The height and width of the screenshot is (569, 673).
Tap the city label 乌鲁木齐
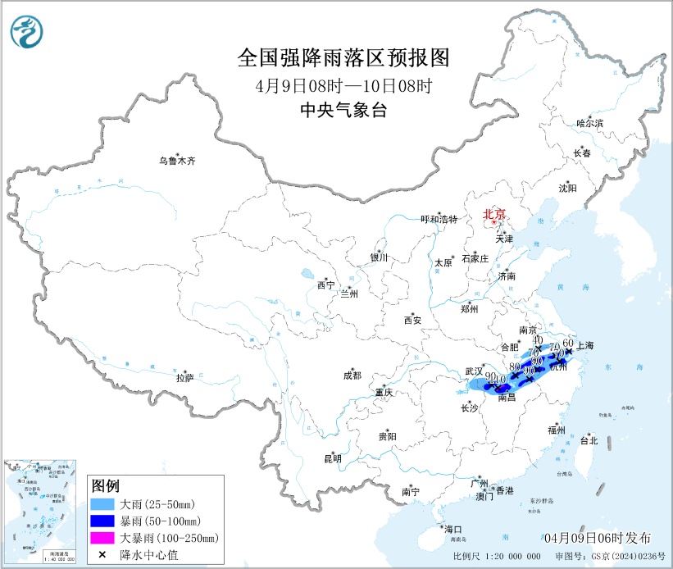[x=178, y=162]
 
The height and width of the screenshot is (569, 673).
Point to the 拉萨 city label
[x=184, y=378]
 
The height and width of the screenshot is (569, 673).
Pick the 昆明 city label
[x=333, y=458]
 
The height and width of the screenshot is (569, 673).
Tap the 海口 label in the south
[x=453, y=528]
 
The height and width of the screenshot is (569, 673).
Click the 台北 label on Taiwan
[x=589, y=440]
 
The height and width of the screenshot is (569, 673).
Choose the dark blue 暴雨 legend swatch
[x=102, y=521]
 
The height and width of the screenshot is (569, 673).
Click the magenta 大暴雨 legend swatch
[x=102, y=538]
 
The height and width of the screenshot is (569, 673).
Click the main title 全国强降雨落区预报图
[x=343, y=57]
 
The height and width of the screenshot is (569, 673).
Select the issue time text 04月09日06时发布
[x=598, y=538]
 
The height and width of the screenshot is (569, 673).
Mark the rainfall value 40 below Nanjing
[x=538, y=339]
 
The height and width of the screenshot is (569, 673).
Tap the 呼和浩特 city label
[x=439, y=219]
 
